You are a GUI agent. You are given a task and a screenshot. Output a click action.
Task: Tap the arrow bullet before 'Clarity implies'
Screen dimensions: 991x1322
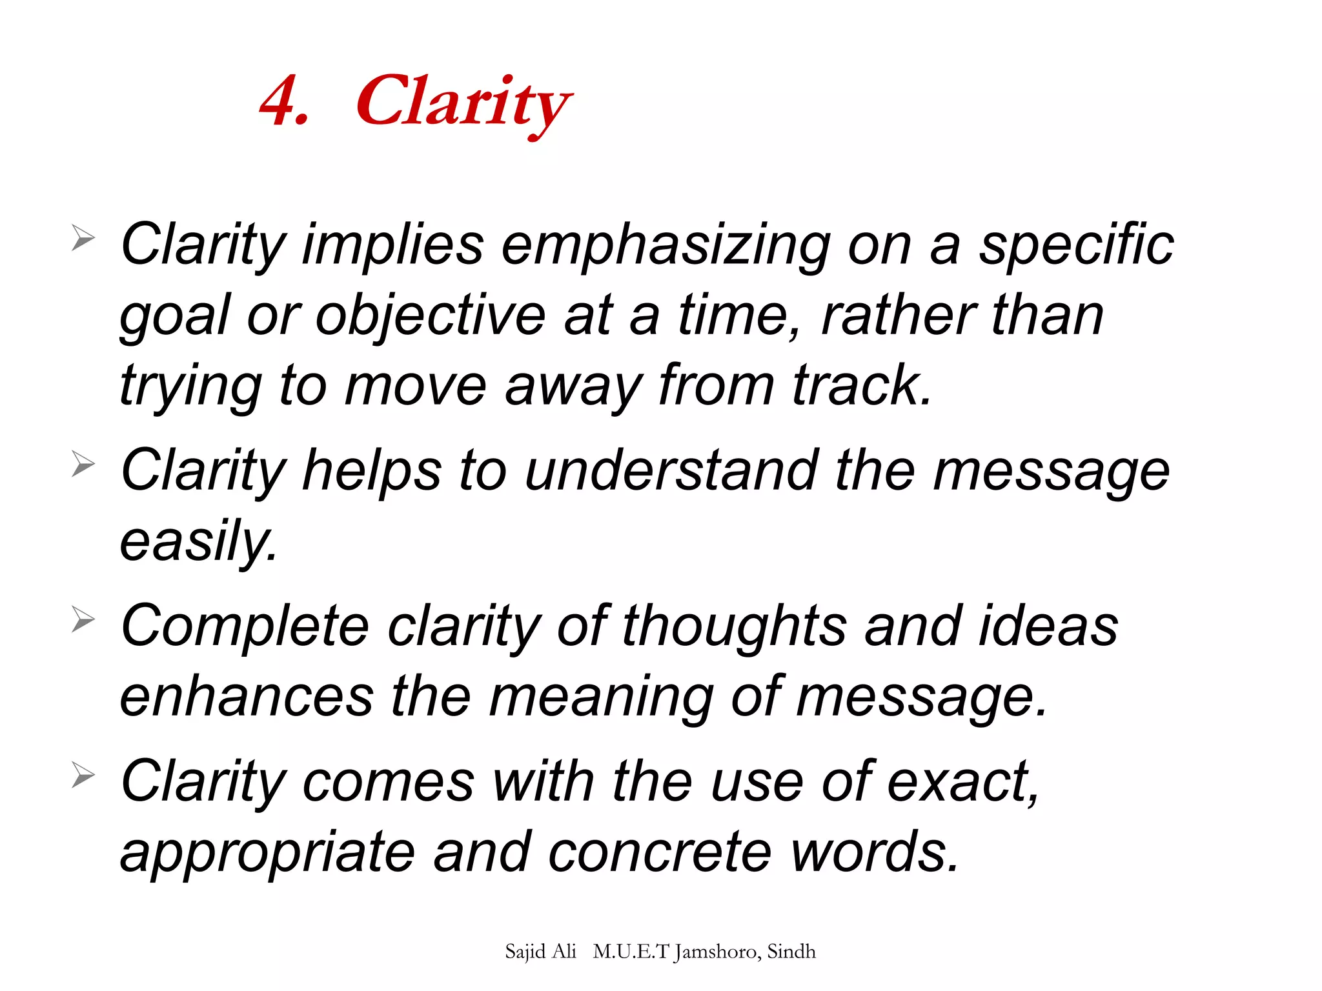pos(83,238)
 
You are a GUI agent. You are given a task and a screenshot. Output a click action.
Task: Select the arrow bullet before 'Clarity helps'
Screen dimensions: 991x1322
pos(83,464)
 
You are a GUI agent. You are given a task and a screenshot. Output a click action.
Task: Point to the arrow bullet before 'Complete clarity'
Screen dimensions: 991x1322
pos(83,619)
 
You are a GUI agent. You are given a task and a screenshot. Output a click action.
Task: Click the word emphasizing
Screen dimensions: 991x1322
pos(666,246)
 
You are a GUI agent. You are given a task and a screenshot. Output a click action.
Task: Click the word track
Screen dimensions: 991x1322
pos(861,386)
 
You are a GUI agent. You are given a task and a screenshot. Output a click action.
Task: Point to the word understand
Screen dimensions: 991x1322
pos(671,470)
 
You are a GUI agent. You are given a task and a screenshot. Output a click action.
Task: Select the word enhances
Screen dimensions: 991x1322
pos(247,697)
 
